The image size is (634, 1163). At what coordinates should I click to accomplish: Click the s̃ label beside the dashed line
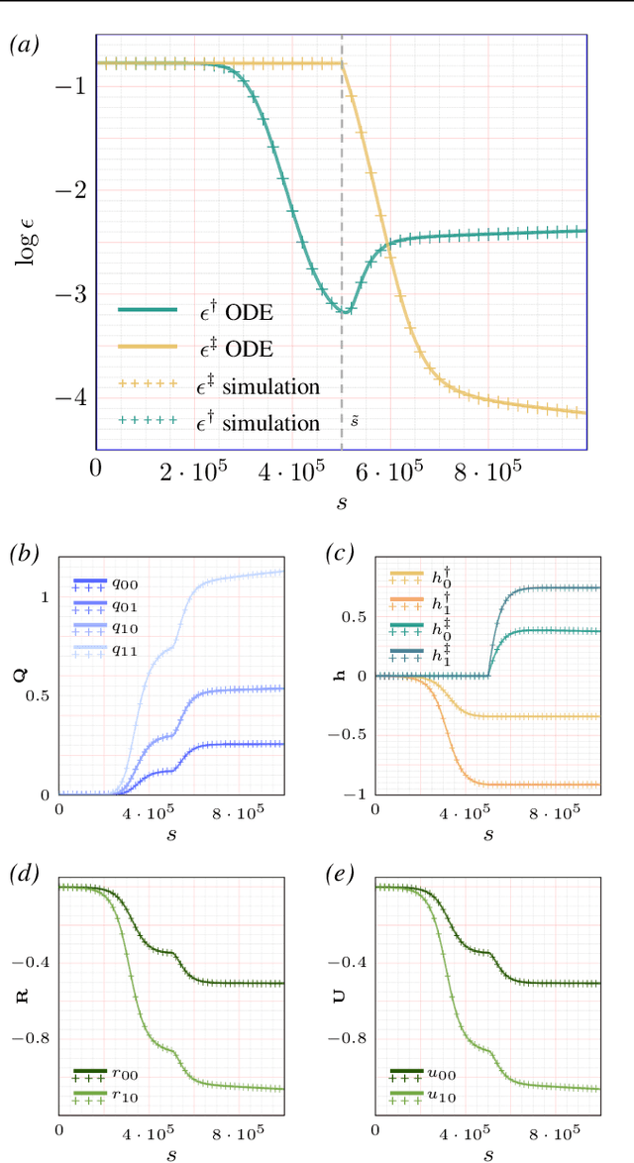click(x=354, y=421)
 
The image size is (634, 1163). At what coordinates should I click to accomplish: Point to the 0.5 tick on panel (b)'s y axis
click(x=40, y=696)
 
